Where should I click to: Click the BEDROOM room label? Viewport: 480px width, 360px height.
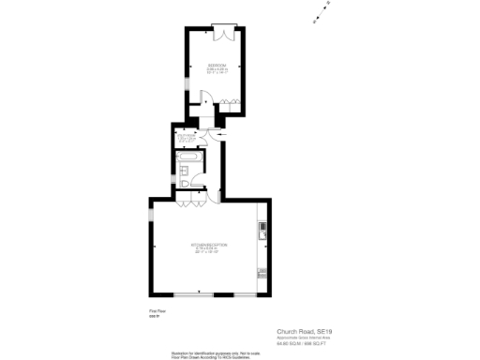[x=217, y=65]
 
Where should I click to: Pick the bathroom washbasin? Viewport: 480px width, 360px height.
[x=187, y=169]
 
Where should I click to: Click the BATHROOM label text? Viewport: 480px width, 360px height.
[x=187, y=137]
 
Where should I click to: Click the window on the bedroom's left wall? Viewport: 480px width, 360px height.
[x=185, y=94]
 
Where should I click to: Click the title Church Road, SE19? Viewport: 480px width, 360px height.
[x=304, y=331]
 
